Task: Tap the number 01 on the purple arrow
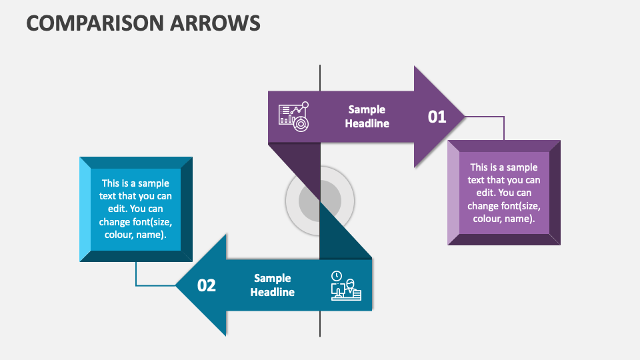(437, 117)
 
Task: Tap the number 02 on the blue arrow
(207, 285)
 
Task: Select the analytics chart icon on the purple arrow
(294, 115)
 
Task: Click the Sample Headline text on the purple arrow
(367, 117)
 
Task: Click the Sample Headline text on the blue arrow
(273, 285)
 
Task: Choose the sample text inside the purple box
(504, 193)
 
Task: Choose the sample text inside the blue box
(136, 209)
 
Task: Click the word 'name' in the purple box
(521, 219)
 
